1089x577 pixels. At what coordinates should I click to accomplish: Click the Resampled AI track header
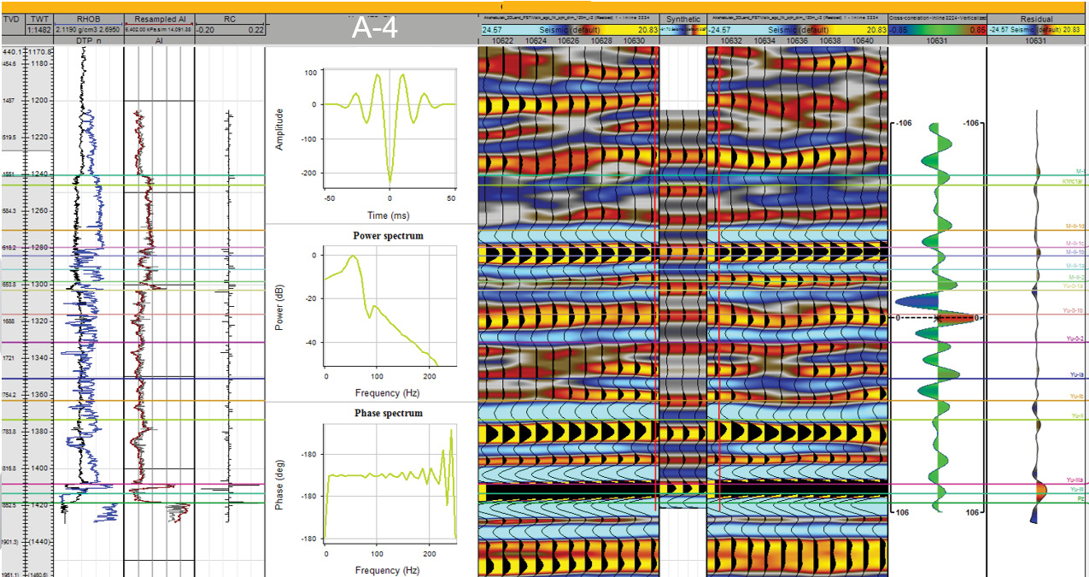pyautogui.click(x=159, y=19)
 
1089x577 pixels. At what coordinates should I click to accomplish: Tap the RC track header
pyautogui.click(x=230, y=19)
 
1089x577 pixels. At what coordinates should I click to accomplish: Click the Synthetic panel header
pyautogui.click(x=682, y=19)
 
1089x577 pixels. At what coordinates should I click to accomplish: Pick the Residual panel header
pyautogui.click(x=1036, y=19)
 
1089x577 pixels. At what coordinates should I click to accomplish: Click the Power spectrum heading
pyautogui.click(x=388, y=236)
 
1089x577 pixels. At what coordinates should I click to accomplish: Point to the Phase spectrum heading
pyautogui.click(x=388, y=414)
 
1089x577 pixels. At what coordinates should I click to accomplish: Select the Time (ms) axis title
pyautogui.click(x=389, y=215)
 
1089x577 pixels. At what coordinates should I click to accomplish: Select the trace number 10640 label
pyautogui.click(x=864, y=40)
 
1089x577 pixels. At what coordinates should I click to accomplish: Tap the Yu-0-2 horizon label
pyautogui.click(x=1074, y=339)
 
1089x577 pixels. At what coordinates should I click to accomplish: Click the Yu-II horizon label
pyautogui.click(x=1077, y=416)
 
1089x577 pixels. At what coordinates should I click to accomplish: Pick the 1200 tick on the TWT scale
pyautogui.click(x=38, y=101)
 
